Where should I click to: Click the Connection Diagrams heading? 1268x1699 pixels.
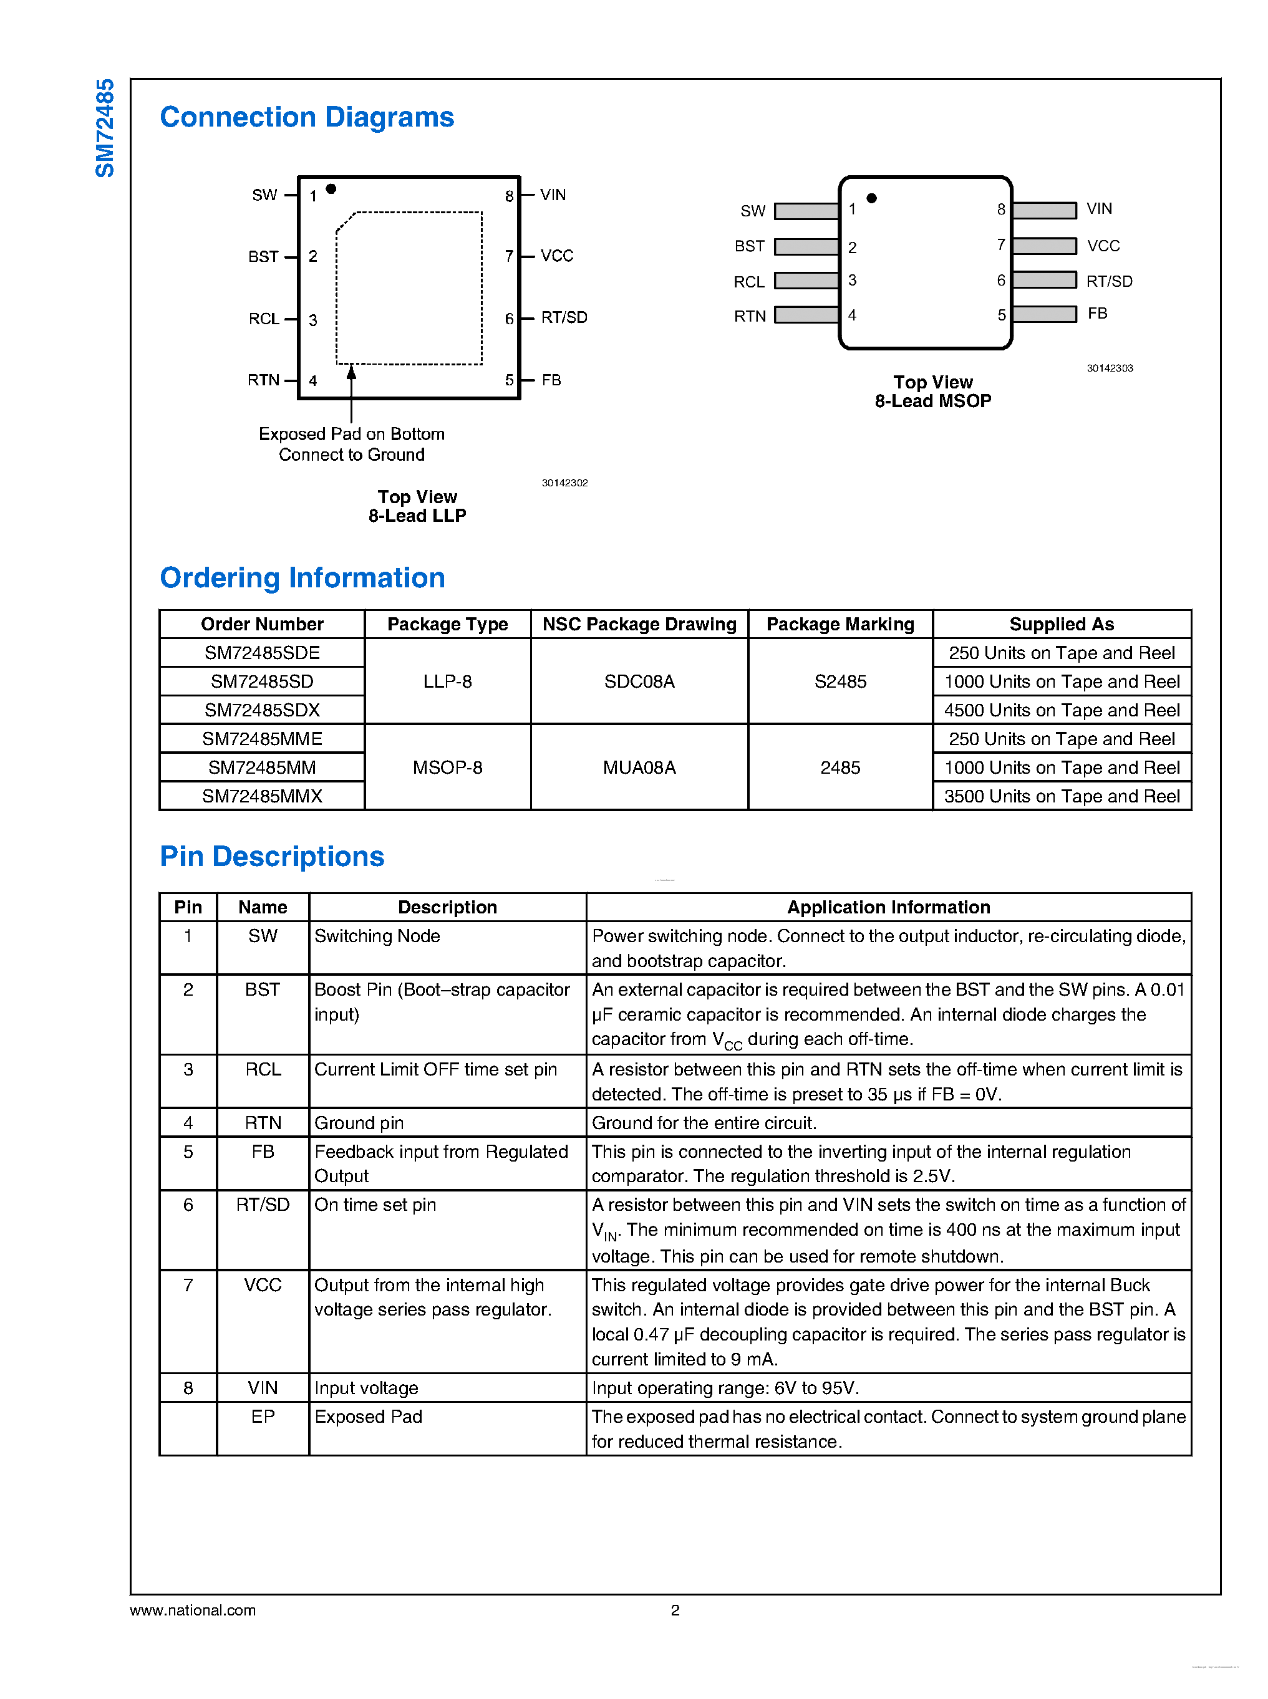coord(306,117)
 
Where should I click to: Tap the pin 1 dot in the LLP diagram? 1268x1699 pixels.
coord(331,189)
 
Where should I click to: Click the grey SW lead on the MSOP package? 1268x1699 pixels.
coord(806,210)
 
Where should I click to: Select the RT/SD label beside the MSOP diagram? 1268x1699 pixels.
coord(1109,281)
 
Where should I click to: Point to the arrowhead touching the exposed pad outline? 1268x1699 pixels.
coord(352,372)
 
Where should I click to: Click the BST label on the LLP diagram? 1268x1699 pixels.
coord(263,256)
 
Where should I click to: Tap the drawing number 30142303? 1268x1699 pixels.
coord(1109,368)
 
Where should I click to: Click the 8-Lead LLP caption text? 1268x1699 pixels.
coord(417,516)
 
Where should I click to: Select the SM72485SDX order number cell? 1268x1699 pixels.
coord(262,710)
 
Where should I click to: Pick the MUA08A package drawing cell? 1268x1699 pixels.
coord(639,768)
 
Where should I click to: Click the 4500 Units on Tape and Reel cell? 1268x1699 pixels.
coord(1062,710)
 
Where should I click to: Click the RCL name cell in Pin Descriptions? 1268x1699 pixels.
coord(263,1069)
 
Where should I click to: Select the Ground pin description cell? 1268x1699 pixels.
coord(359,1123)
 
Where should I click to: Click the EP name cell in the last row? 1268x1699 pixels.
coord(263,1417)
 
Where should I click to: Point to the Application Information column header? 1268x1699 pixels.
coord(888,907)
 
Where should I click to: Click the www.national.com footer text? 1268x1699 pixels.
coord(193,1610)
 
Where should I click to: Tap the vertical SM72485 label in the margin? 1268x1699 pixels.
coord(104,128)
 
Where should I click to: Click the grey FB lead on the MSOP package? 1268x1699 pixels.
coord(1044,314)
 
